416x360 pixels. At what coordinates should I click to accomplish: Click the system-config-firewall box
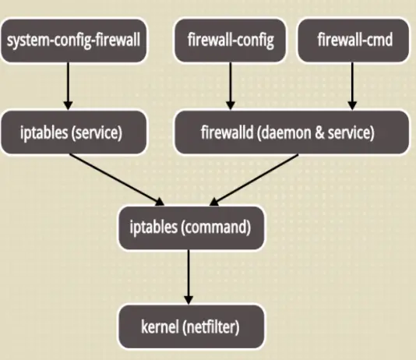74,40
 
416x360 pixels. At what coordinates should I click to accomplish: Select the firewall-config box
230,40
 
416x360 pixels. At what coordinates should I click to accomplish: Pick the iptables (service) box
71,131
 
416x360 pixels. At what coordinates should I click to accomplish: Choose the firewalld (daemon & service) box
292,131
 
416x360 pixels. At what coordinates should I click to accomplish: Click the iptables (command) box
189,228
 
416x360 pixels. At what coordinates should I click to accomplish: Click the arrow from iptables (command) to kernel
187,277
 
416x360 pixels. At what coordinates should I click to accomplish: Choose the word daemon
292,131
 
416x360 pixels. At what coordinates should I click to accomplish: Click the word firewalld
231,131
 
